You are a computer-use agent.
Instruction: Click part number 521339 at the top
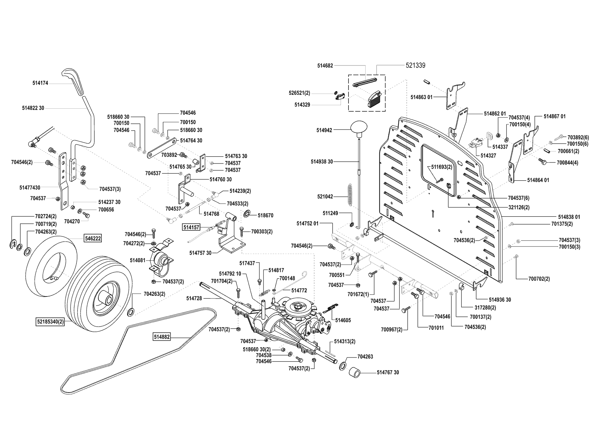pos(415,65)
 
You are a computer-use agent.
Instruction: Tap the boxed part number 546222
pos(93,238)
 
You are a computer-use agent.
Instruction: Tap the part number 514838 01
pos(569,217)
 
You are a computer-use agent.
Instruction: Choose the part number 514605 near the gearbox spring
pos(343,320)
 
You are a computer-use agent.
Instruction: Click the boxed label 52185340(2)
pos(51,322)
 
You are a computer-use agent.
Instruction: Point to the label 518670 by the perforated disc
pos(266,216)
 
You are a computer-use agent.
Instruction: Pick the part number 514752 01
pos(307,223)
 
